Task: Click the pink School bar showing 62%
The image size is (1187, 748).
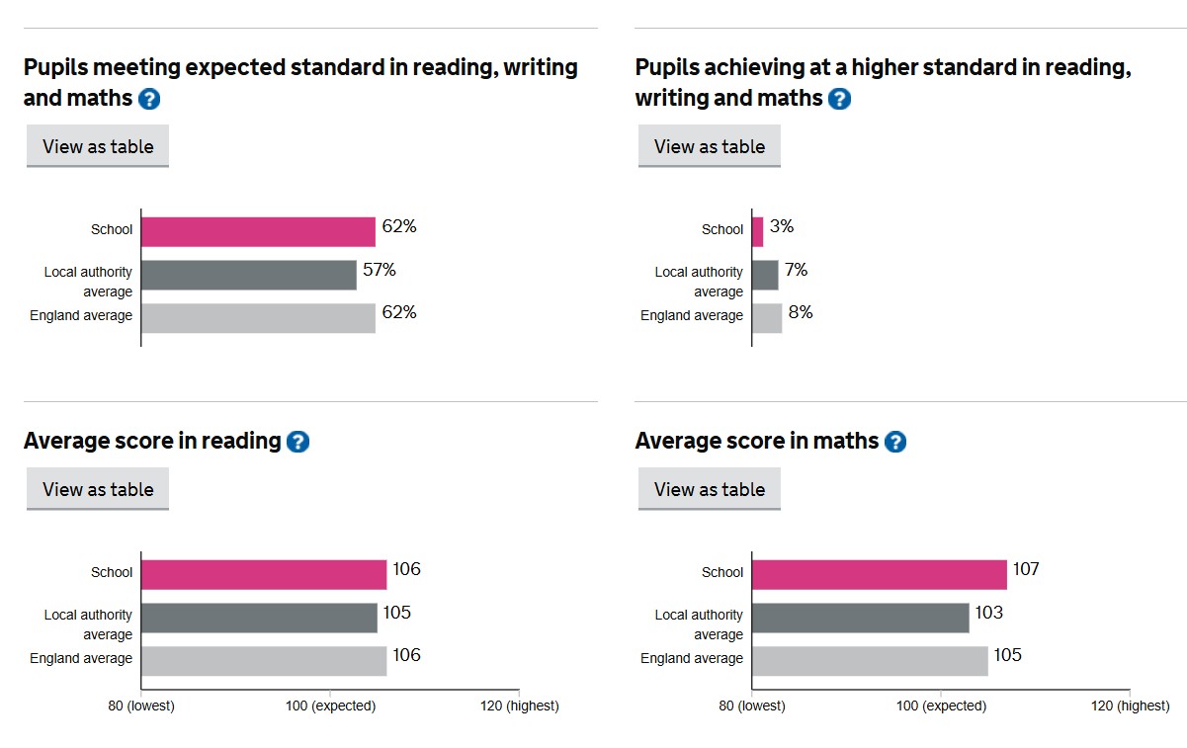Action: pyautogui.click(x=258, y=231)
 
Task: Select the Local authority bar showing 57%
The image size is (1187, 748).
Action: pyautogui.click(x=248, y=275)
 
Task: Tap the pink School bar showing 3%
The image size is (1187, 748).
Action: pyautogui.click(x=757, y=231)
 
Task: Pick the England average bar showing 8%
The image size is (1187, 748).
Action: pyautogui.click(x=767, y=317)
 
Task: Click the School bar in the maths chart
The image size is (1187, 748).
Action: pyautogui.click(x=879, y=574)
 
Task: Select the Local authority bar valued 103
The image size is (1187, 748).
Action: pyautogui.click(x=860, y=618)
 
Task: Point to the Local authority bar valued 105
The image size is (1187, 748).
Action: pyautogui.click(x=259, y=618)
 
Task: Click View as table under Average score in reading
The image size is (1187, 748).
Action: pyautogui.click(x=98, y=489)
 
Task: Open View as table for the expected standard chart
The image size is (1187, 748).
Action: pyautogui.click(x=98, y=146)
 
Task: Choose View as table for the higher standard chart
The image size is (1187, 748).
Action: pyautogui.click(x=710, y=146)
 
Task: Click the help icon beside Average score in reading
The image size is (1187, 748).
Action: pyautogui.click(x=297, y=442)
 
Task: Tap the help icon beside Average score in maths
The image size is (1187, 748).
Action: pyautogui.click(x=894, y=442)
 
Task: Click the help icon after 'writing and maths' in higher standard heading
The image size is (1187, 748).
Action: pyautogui.click(x=839, y=99)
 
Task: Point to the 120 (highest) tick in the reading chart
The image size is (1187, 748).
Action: pyautogui.click(x=519, y=706)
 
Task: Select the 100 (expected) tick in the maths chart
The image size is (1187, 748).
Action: pyautogui.click(x=940, y=706)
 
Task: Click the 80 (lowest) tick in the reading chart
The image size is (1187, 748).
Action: pyautogui.click(x=141, y=706)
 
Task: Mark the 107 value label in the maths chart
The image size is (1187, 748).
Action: pyautogui.click(x=1026, y=569)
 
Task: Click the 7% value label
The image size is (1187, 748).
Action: pyautogui.click(x=796, y=270)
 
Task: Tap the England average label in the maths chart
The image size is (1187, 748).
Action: pyautogui.click(x=692, y=658)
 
